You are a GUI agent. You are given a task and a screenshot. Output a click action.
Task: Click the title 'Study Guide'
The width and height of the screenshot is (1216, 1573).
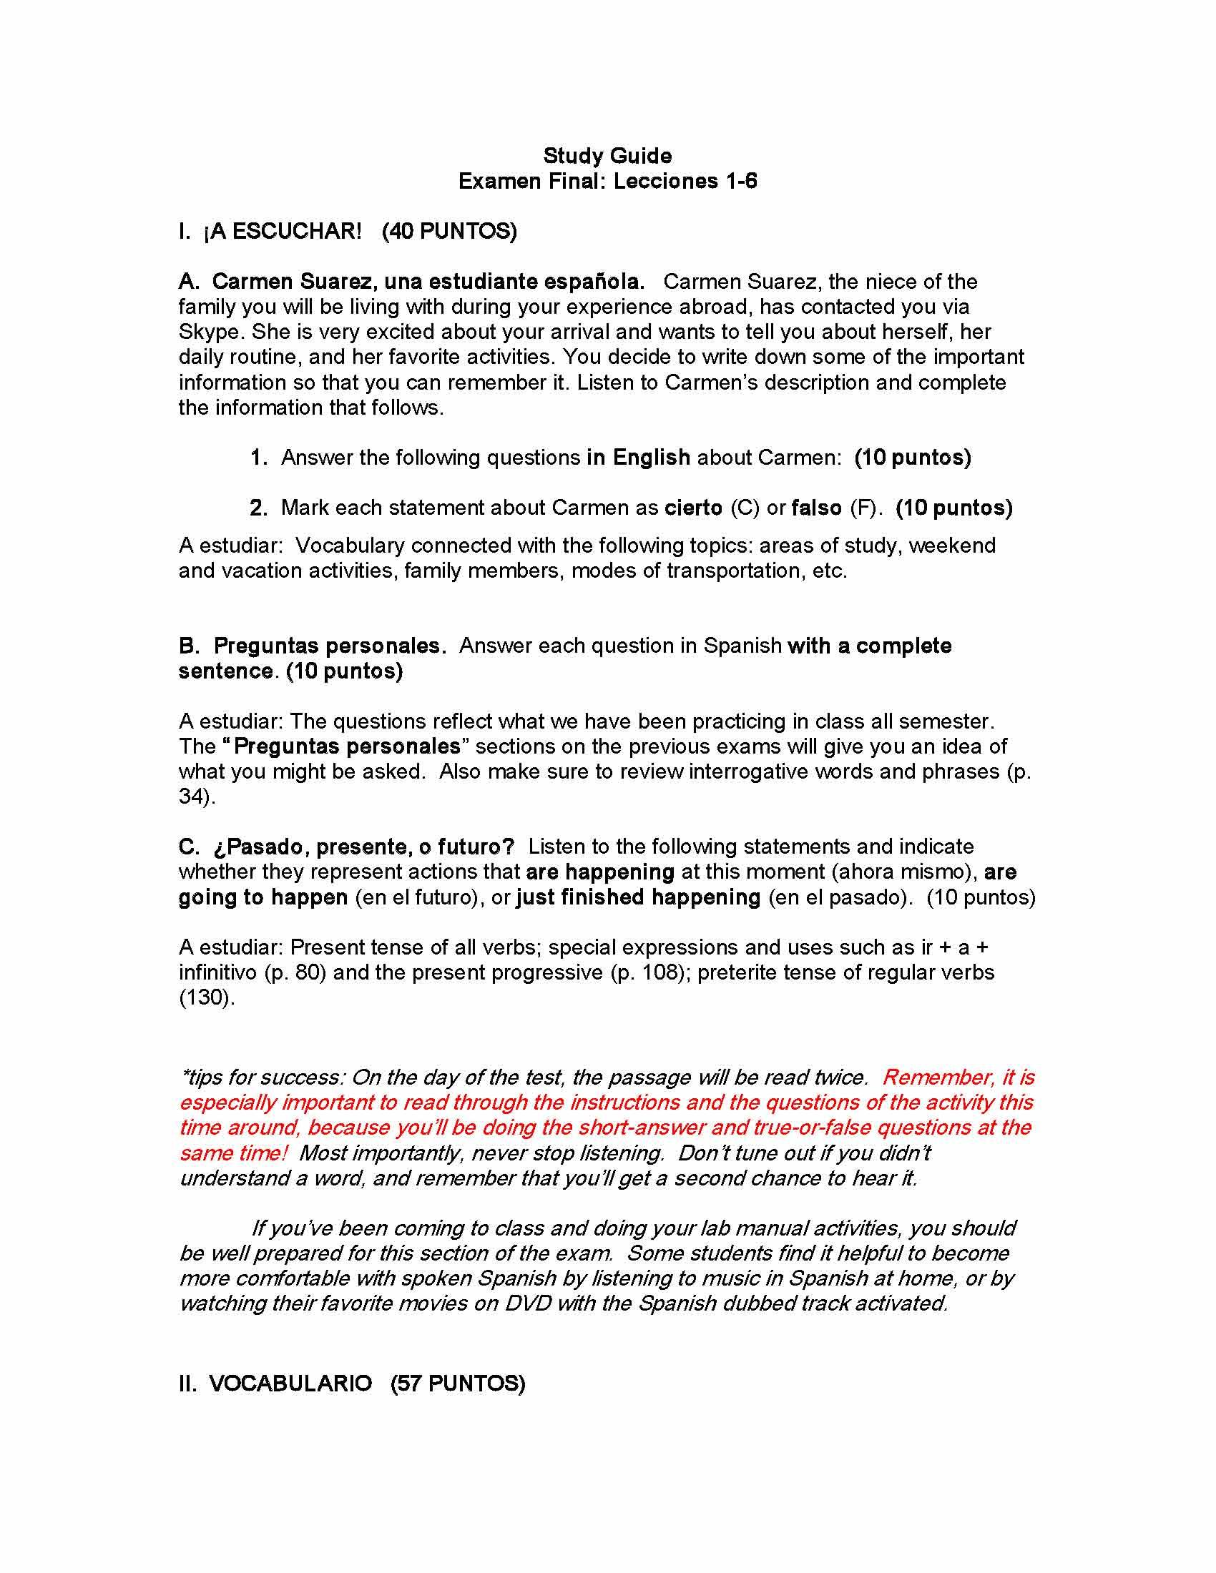pos(607,156)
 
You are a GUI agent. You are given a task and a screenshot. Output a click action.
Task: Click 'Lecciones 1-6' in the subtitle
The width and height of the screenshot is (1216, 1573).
pos(685,181)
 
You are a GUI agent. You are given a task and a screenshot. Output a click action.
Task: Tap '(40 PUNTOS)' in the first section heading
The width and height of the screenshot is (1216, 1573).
pos(448,231)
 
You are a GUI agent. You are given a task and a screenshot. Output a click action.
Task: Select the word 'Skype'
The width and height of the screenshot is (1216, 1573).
pos(209,332)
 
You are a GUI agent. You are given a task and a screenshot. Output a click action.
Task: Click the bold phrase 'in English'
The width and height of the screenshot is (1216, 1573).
pos(638,458)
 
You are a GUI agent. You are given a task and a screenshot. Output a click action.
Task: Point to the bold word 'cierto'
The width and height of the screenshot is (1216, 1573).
pos(693,508)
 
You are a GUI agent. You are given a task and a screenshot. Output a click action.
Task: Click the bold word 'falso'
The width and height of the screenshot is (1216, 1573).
pos(816,508)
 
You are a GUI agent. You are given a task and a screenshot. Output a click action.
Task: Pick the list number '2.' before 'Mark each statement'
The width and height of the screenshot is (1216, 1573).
pos(259,508)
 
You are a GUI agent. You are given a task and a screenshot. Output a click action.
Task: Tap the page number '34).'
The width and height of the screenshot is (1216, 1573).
pos(197,797)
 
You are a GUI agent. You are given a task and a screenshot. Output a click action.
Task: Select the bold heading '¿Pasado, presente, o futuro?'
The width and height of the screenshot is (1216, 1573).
pos(364,847)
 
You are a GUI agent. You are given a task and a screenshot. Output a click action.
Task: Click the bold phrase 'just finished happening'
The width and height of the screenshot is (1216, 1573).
pos(638,897)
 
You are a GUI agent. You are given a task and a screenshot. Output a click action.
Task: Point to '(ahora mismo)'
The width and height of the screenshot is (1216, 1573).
pos(904,872)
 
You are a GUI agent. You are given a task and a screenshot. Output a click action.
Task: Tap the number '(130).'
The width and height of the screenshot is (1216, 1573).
pos(206,998)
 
